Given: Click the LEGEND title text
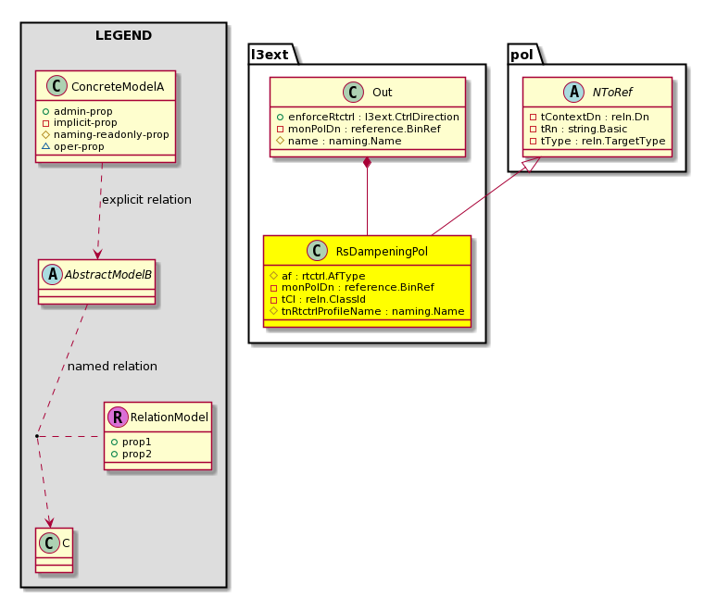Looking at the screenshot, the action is pyautogui.click(x=123, y=36).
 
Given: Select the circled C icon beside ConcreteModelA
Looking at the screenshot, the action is pyautogui.click(x=57, y=86).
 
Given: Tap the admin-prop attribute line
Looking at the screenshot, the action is pyautogui.click(x=78, y=111).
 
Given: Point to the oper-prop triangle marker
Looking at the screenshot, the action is pyautogui.click(x=45, y=146).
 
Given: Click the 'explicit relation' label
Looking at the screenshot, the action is pyautogui.click(x=146, y=200).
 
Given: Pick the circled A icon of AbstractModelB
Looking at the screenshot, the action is pyautogui.click(x=52, y=275).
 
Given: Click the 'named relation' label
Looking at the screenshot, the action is pyautogui.click(x=112, y=367).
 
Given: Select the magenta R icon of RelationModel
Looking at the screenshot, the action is pyautogui.click(x=118, y=417).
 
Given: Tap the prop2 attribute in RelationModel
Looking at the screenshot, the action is pyautogui.click(x=132, y=454).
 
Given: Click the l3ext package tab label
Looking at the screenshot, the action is pyautogui.click(x=270, y=55).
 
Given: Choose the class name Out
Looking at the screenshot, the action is pyautogui.click(x=382, y=93).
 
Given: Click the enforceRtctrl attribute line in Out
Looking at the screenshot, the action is pyautogui.click(x=368, y=117).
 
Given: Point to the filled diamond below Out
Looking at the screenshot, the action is pyautogui.click(x=367, y=163).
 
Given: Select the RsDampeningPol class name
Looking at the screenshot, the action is pyautogui.click(x=382, y=252).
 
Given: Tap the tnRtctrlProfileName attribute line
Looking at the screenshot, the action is pyautogui.click(x=367, y=311).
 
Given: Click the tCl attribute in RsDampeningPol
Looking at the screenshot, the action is pyautogui.click(x=318, y=299).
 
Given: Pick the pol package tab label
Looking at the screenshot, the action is pyautogui.click(x=522, y=56).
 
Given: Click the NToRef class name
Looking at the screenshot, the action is pyautogui.click(x=612, y=93).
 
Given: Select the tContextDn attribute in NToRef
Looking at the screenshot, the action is pyautogui.click(x=589, y=117).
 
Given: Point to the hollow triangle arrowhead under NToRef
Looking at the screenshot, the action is pyautogui.click(x=533, y=165).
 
